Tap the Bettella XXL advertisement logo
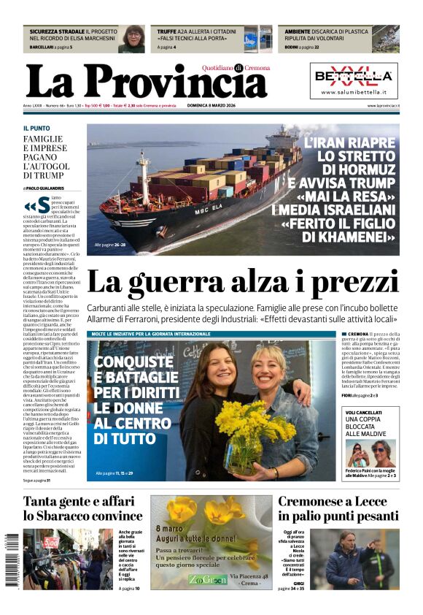pos(354,75)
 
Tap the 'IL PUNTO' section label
pos(36,129)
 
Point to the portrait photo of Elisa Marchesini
pos(133,39)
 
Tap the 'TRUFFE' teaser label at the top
pos(166,32)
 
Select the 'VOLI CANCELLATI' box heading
pos(363,413)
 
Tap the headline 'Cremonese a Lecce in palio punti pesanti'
pos(338,508)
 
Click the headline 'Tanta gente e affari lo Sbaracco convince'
pos(82,508)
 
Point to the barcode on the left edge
pos(10,559)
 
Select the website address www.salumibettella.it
pos(354,93)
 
